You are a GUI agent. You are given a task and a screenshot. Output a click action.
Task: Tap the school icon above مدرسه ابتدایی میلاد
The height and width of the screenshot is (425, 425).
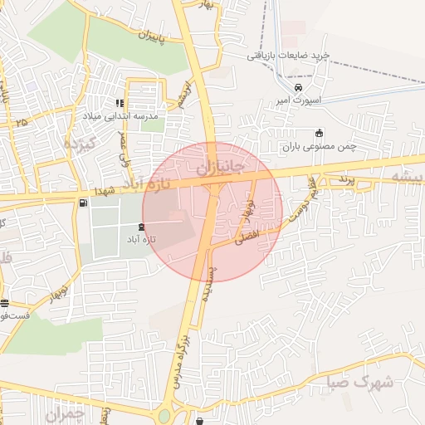pos(120,104)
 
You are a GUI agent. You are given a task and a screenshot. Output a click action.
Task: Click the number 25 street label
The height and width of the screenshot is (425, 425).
pos(21,122)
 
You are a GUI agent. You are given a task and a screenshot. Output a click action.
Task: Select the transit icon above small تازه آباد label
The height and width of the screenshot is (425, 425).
pos(139,226)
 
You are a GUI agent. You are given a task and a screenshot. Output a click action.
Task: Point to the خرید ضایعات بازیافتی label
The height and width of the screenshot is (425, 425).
pos(288,55)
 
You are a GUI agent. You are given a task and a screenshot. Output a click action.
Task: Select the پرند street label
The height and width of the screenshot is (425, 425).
pos(345,179)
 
